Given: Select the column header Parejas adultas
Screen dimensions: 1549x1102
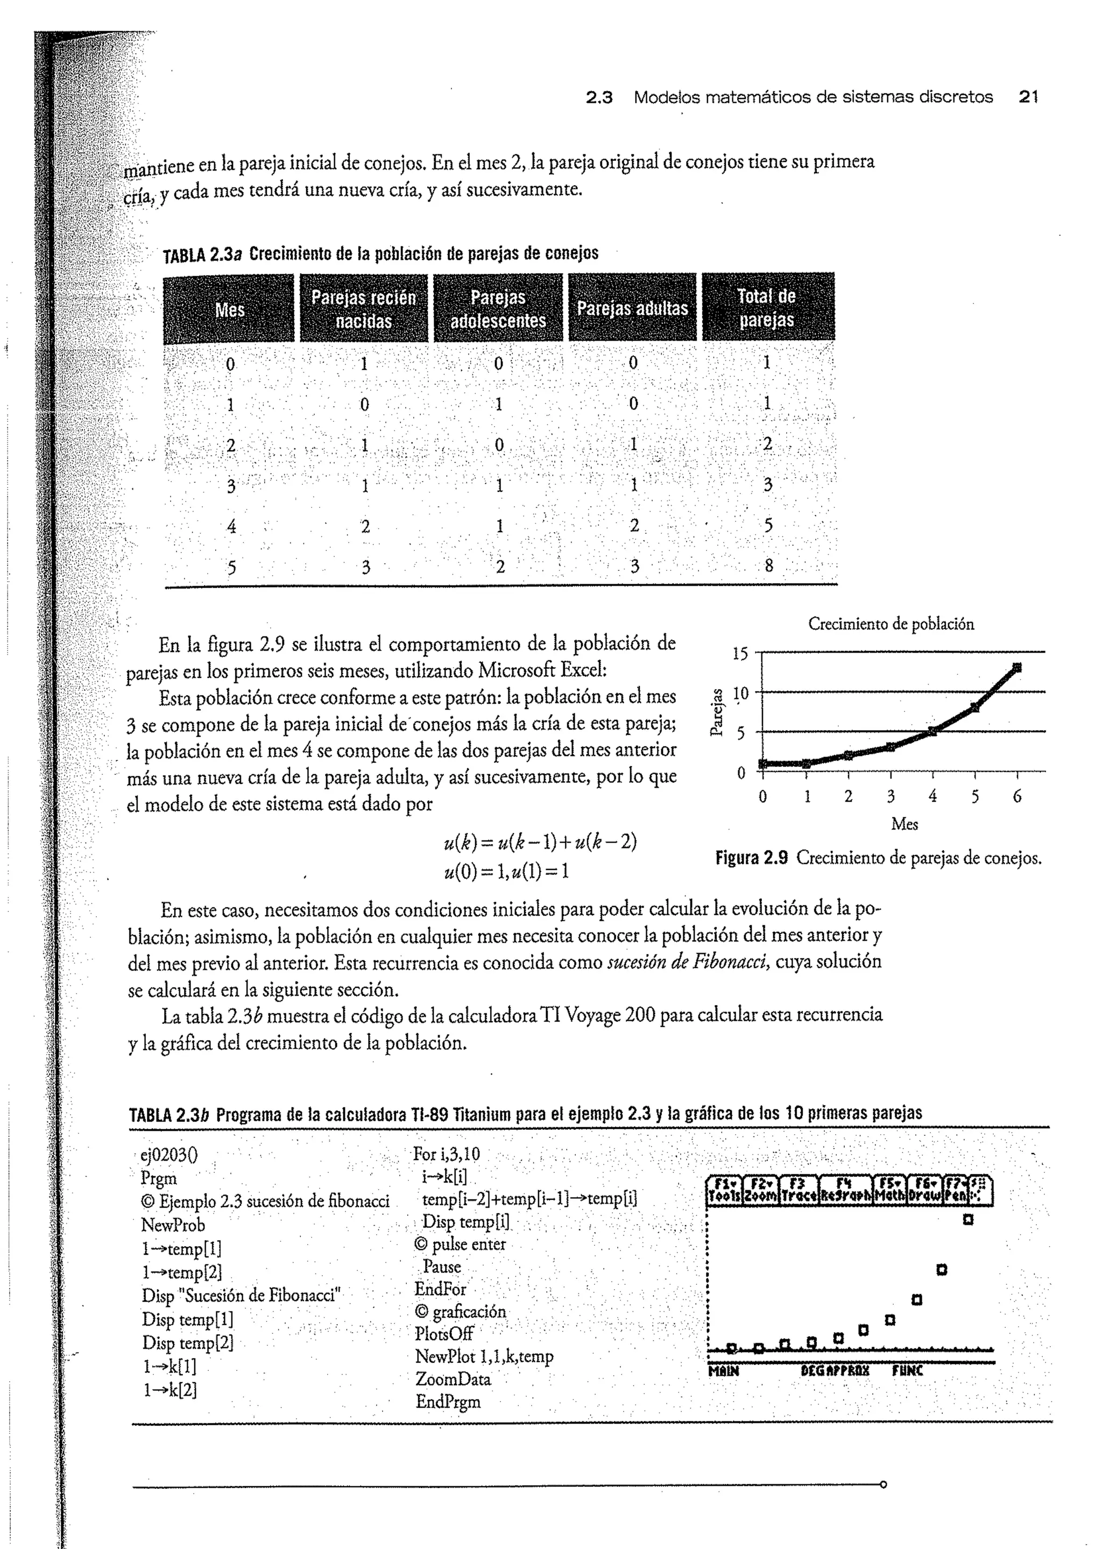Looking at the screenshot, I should pyautogui.click(x=632, y=309).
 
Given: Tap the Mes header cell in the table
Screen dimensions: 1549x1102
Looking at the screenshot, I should pyautogui.click(x=229, y=310).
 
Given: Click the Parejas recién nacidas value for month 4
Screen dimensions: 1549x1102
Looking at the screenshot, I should pyautogui.click(x=365, y=526).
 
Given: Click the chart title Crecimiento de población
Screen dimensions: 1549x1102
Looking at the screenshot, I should pyautogui.click(x=891, y=624).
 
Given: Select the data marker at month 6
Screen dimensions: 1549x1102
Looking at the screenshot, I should pyautogui.click(x=1016, y=668).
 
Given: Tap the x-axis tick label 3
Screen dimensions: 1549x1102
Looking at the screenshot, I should pyautogui.click(x=891, y=796).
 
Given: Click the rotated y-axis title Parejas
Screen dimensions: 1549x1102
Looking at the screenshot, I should pyautogui.click(x=715, y=712).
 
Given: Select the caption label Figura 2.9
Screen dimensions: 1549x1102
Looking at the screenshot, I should pyautogui.click(x=751, y=858).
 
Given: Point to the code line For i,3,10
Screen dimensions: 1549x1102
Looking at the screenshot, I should pyautogui.click(x=446, y=1154).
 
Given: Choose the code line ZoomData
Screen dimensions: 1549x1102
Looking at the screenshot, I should pyautogui.click(x=453, y=1378).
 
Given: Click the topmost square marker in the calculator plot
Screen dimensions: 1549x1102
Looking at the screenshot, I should pyautogui.click(x=969, y=1219).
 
